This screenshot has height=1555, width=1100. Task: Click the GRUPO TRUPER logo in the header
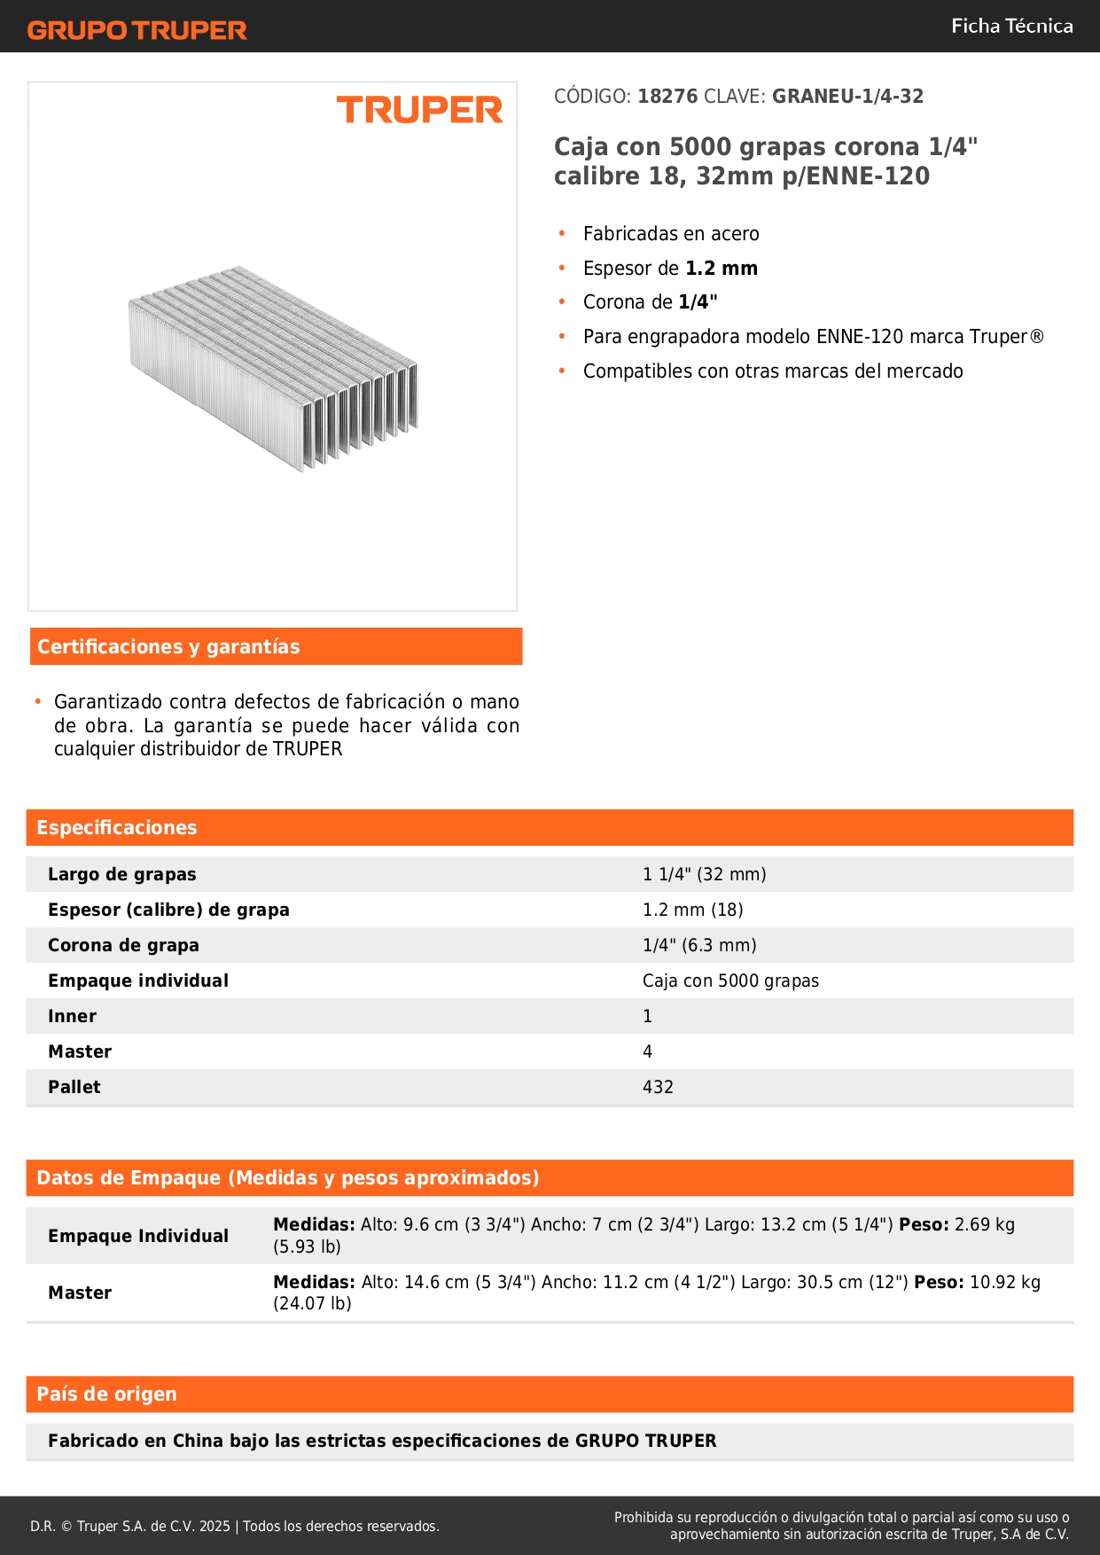tap(137, 30)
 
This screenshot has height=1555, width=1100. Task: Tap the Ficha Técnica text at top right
tap(1011, 27)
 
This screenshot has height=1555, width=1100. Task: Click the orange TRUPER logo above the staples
tap(419, 110)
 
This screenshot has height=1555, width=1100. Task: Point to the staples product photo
tap(273, 368)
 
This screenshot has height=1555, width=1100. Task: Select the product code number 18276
tap(667, 97)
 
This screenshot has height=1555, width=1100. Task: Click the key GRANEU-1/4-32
tap(847, 97)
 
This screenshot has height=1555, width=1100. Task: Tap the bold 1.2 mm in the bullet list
tap(722, 269)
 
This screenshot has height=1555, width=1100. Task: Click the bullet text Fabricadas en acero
tap(671, 234)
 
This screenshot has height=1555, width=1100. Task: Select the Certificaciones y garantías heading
tap(168, 647)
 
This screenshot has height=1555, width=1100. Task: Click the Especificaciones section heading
tap(117, 828)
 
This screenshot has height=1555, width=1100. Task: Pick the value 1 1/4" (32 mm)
tap(704, 875)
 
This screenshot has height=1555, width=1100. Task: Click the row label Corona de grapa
tap(123, 946)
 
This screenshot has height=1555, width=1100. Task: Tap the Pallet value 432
tap(658, 1088)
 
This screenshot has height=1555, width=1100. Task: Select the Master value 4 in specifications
tap(647, 1052)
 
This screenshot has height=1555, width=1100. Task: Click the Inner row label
tap(72, 1017)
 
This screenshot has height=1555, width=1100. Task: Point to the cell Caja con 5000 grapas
tap(730, 981)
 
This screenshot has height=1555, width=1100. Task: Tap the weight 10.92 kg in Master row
tap(1005, 1283)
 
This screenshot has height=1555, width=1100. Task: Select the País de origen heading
tap(106, 1395)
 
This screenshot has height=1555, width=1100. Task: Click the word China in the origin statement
tap(198, 1442)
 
